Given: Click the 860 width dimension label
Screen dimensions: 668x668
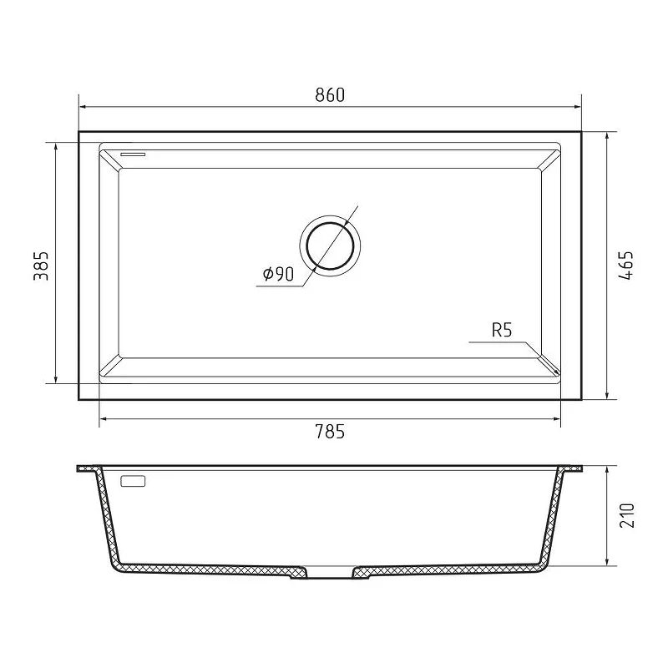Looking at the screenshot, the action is pos(330,95).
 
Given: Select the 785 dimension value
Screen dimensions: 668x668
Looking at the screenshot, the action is pos(330,432).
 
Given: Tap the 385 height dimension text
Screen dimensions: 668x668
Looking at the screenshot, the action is pos(41,266).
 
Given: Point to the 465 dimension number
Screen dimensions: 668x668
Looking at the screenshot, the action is pos(625,266).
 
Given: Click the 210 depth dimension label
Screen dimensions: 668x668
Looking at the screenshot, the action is pos(627,515).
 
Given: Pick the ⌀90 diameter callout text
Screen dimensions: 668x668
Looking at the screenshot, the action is pos(279,274).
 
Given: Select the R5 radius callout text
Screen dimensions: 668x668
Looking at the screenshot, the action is pos(502,330).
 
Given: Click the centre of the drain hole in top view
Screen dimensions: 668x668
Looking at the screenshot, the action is pos(330,245).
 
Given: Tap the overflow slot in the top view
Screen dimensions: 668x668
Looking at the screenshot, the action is pos(133,154).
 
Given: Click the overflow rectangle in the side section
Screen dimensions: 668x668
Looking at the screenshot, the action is pos(134,482).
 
